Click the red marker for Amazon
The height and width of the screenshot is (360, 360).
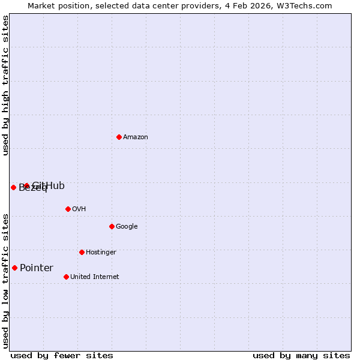(119, 137)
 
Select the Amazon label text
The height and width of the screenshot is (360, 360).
(136, 137)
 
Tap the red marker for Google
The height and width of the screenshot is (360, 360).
(112, 226)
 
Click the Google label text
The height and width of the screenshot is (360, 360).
(127, 227)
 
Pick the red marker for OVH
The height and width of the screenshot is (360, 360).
(68, 209)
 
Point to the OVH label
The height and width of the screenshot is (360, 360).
(79, 209)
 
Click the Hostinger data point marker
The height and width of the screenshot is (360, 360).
(82, 252)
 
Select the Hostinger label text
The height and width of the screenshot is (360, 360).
(101, 253)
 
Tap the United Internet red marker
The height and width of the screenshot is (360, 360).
(66, 277)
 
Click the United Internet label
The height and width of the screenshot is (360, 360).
(94, 277)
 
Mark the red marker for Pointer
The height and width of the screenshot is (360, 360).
(14, 268)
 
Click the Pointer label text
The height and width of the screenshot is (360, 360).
(37, 268)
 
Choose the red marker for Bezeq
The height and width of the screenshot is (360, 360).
(13, 187)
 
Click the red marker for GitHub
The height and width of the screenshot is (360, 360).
(26, 186)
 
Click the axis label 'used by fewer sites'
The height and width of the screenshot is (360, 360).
(62, 356)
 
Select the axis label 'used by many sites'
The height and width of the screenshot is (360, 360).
(301, 356)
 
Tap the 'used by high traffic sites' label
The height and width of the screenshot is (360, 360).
(6, 85)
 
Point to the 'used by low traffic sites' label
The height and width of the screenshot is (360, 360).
(6, 281)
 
